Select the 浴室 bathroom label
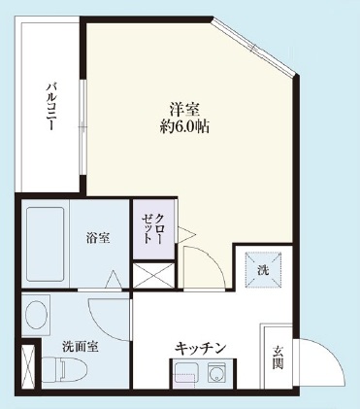tap(97, 236)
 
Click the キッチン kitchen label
tap(202, 347)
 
